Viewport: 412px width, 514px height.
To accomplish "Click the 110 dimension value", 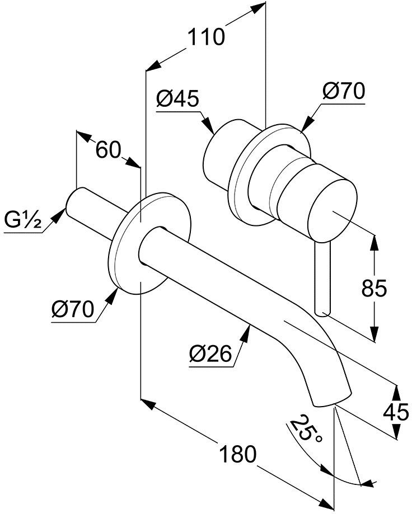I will point(205,38).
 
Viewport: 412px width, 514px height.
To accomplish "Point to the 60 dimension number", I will point(108,149).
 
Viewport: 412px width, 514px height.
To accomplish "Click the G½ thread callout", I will point(23,219).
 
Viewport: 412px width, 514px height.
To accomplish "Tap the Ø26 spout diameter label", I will point(210,354).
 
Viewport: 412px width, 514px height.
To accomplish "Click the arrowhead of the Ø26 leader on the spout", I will point(246,333).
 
